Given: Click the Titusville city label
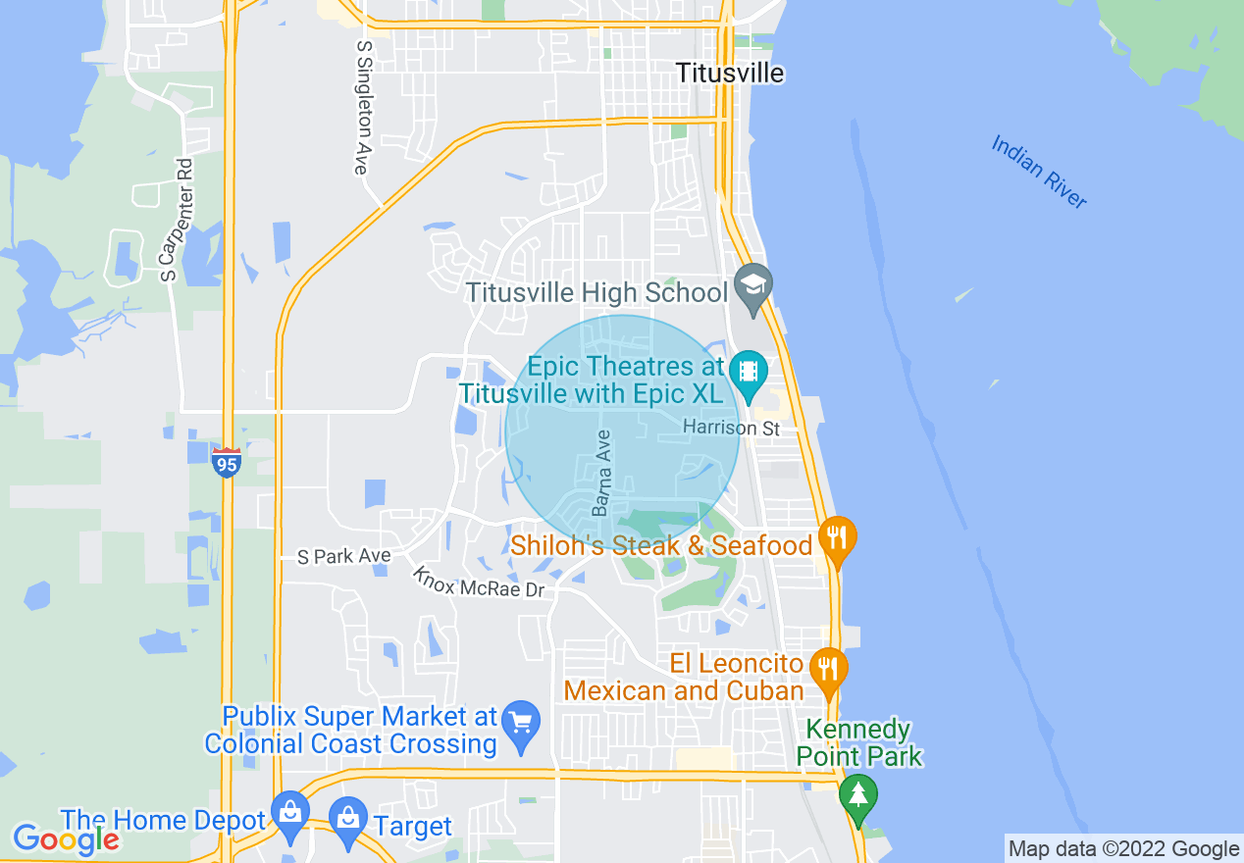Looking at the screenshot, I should coord(731,74).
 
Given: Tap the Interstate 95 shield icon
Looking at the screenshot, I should coord(227,462).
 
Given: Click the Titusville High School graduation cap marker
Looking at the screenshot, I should coord(753,286).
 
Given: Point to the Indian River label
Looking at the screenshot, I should coord(1039,172).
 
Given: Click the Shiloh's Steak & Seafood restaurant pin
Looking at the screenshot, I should coord(837,538).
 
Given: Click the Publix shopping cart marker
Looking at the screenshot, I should coord(520,724).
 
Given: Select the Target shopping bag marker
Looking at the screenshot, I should coord(348,819).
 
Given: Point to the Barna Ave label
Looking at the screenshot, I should coord(602,473).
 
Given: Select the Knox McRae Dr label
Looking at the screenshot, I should coord(478,583).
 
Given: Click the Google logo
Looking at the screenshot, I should coord(66,838).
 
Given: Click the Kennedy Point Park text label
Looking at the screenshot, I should coord(859,742).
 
